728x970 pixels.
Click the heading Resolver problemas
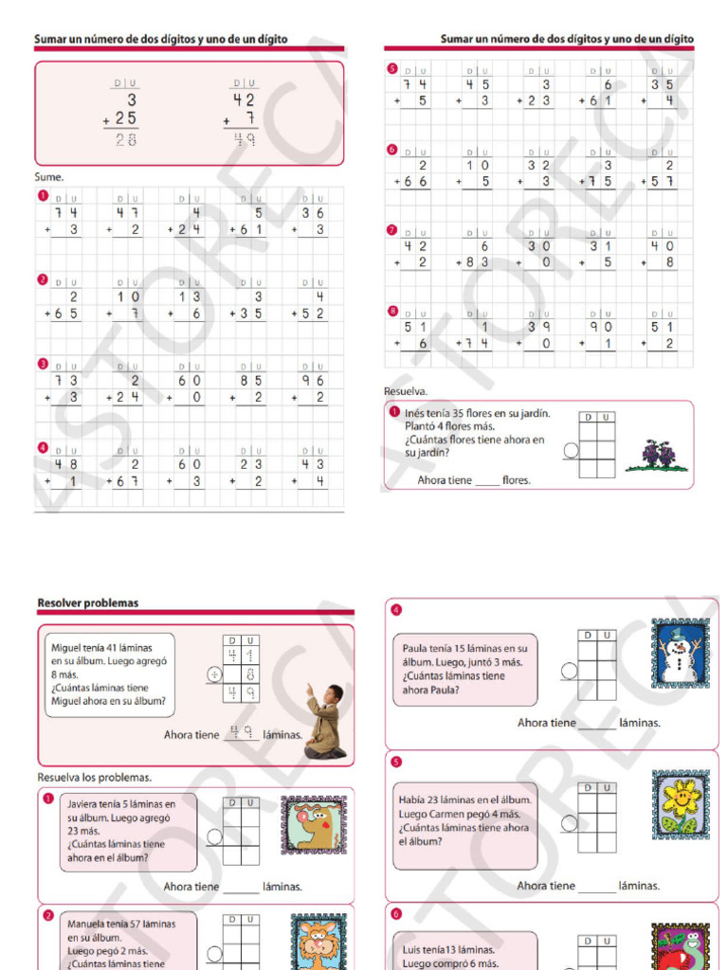[87, 602]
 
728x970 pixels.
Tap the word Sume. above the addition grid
[49, 176]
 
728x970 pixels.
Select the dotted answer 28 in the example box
[125, 140]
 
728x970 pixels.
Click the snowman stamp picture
[680, 654]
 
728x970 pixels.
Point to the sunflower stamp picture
[680, 802]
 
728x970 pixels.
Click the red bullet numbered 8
[392, 311]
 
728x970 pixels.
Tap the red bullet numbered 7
[392, 229]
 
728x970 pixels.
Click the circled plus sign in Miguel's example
[214, 674]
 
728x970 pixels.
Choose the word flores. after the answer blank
[517, 480]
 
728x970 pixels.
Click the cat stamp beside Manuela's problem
[318, 941]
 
